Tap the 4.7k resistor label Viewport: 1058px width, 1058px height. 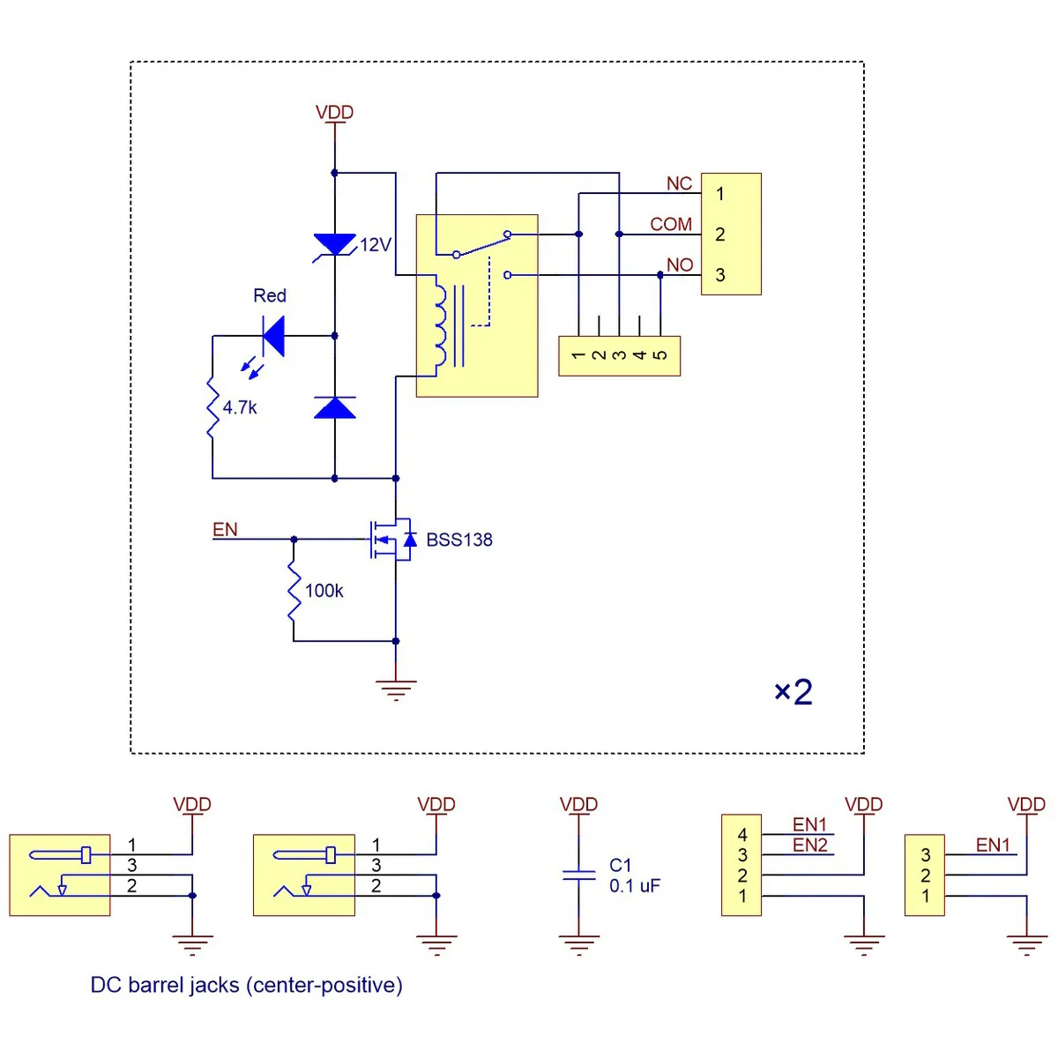coord(240,408)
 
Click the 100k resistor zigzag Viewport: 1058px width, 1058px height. coord(294,591)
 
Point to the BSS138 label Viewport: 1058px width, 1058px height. coord(459,540)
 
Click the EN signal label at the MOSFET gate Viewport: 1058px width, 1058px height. coord(225,529)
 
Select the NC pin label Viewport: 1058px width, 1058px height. coord(679,183)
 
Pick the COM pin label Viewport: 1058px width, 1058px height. coord(671,224)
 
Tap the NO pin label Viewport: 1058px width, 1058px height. coord(680,265)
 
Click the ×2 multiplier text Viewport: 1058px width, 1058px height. coord(793,691)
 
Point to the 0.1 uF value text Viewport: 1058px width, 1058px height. coord(635,885)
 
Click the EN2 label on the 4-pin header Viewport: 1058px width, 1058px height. coord(810,845)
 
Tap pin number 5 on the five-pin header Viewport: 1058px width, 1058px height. coord(660,355)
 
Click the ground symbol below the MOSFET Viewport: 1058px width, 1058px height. coord(396,690)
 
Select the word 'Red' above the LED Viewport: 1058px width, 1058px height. coord(270,295)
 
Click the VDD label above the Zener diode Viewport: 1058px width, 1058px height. coord(334,112)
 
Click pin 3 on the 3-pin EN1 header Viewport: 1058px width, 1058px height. coord(926,855)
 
